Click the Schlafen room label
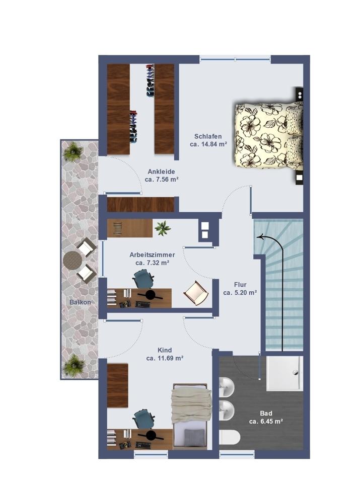pyautogui.click(x=208, y=136)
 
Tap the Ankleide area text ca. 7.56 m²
pyautogui.click(x=162, y=180)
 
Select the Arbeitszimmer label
pyautogui.click(x=152, y=255)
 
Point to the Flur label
pyautogui.click(x=240, y=285)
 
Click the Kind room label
pyautogui.click(x=165, y=350)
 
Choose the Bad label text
pyautogui.click(x=266, y=413)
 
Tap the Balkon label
pyautogui.click(x=80, y=302)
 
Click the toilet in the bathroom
pyautogui.click(x=230, y=438)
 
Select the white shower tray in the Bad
pyautogui.click(x=284, y=373)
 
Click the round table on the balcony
pyautogui.click(x=73, y=260)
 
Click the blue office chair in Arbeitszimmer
pyautogui.click(x=143, y=279)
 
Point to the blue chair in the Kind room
pyautogui.click(x=143, y=418)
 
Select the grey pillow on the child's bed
pyautogui.click(x=194, y=436)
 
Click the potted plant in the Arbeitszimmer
pyautogui.click(x=163, y=228)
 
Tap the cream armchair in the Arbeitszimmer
pyautogui.click(x=196, y=293)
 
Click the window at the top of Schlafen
pyautogui.click(x=235, y=59)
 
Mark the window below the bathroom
pyautogui.click(x=237, y=454)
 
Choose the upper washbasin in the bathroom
pyautogui.click(x=227, y=387)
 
